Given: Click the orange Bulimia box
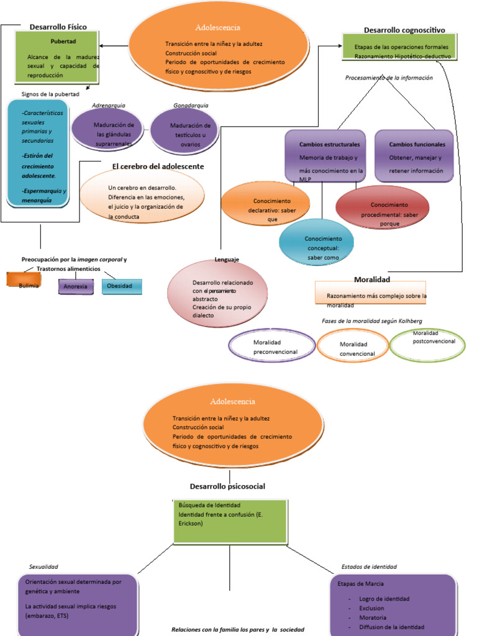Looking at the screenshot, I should coord(24,279).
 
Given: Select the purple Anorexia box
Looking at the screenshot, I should coord(76,286).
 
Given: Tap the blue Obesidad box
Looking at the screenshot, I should coord(122,286).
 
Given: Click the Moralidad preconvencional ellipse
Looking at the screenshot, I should coord(272,345).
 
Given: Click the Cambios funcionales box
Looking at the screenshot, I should coord(414,157).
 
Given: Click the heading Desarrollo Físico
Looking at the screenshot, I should coord(58,27).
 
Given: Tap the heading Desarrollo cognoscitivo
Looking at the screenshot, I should coord(404,30).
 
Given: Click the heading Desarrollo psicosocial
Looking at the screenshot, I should coord(227,486).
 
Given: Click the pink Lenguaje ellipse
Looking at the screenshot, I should coord(217,293).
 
